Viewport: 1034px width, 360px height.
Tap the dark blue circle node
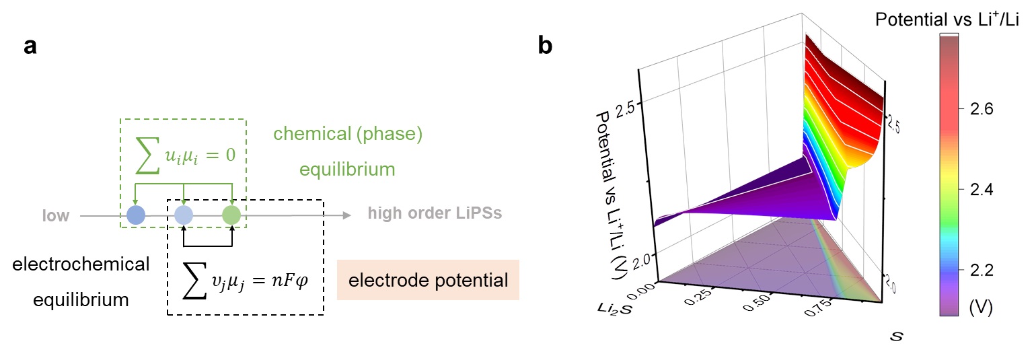pyautogui.click(x=136, y=215)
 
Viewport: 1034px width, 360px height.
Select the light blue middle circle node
pyautogui.click(x=184, y=215)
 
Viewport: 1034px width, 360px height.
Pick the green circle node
pyautogui.click(x=231, y=215)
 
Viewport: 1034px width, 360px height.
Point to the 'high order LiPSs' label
pyautogui.click(x=435, y=215)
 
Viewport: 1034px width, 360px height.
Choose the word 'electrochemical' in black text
pyautogui.click(x=81, y=264)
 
